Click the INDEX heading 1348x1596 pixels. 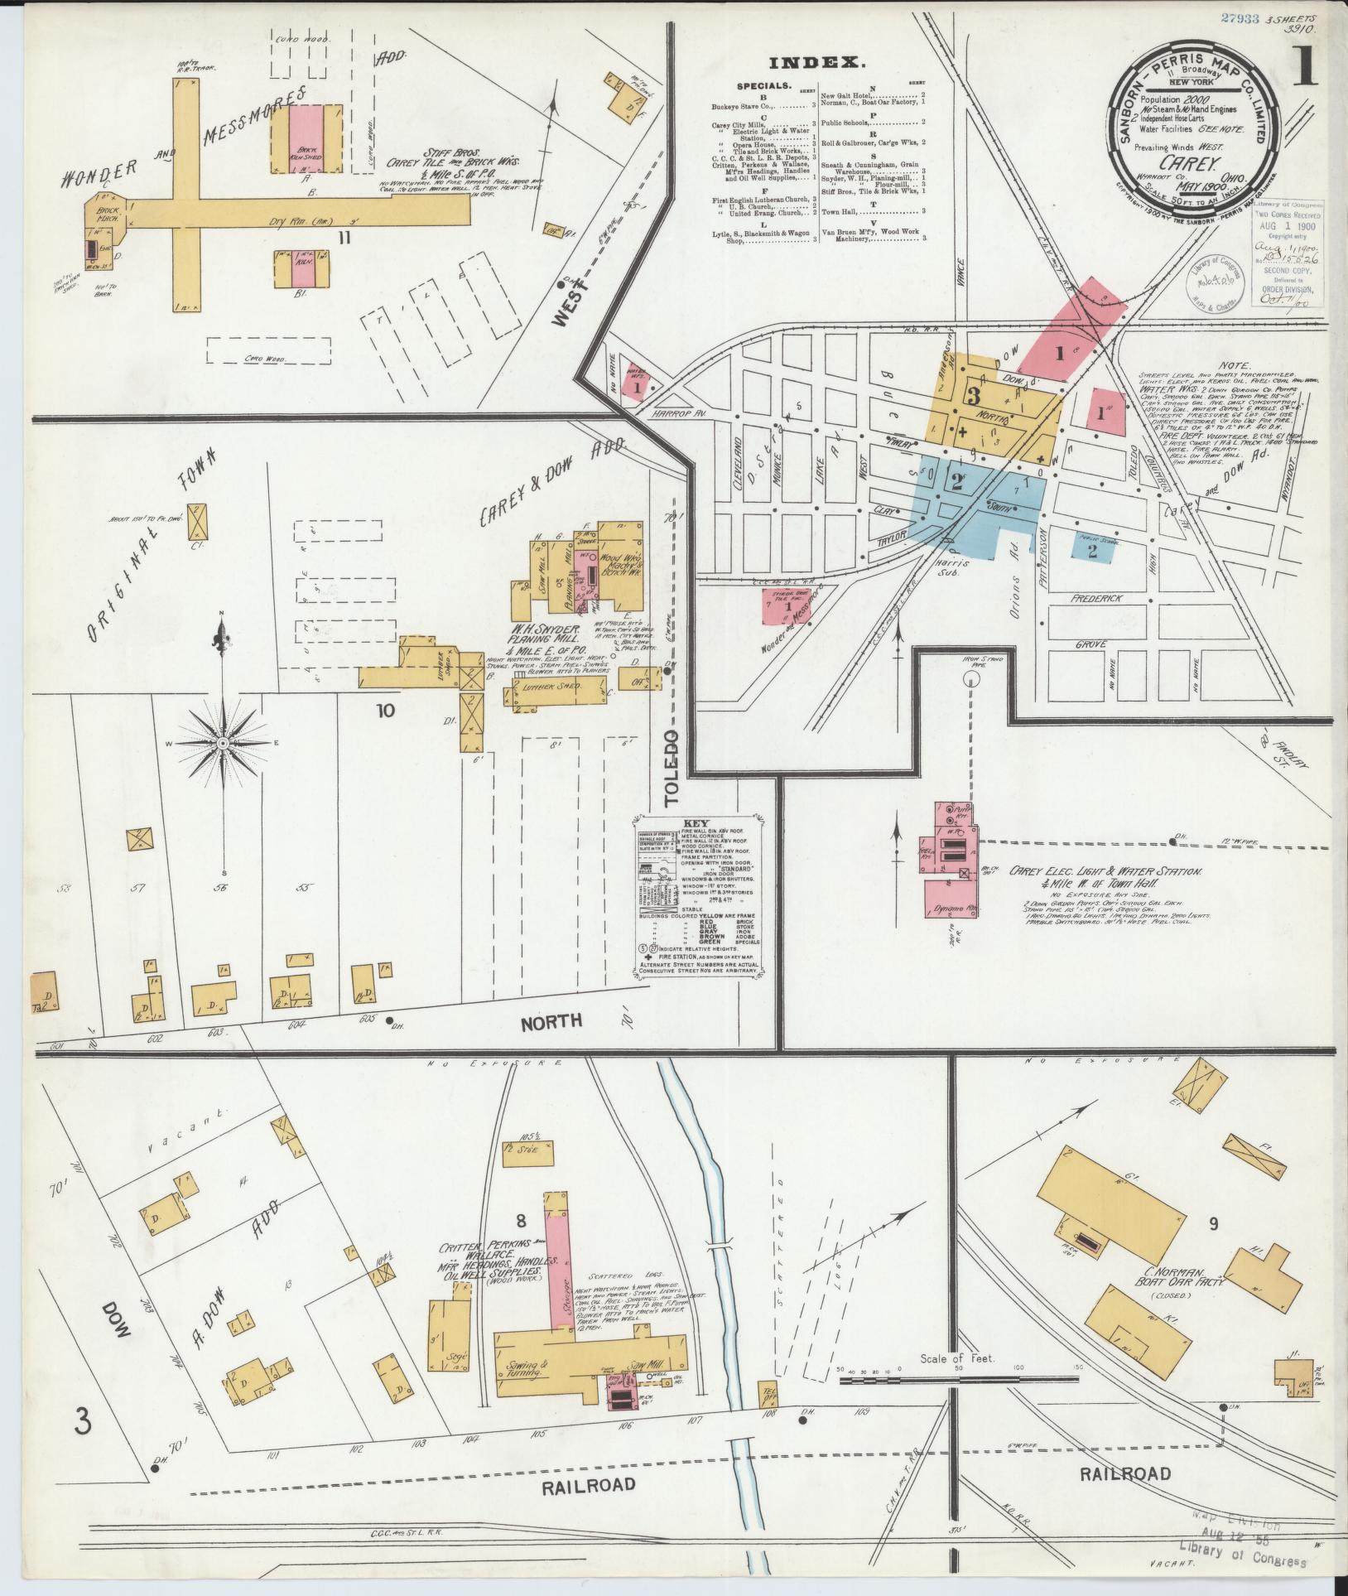click(816, 63)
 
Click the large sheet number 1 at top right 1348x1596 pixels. click(1306, 72)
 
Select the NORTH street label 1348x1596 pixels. click(551, 1020)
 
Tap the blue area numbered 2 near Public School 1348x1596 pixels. click(1092, 552)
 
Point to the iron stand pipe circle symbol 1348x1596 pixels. click(972, 678)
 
